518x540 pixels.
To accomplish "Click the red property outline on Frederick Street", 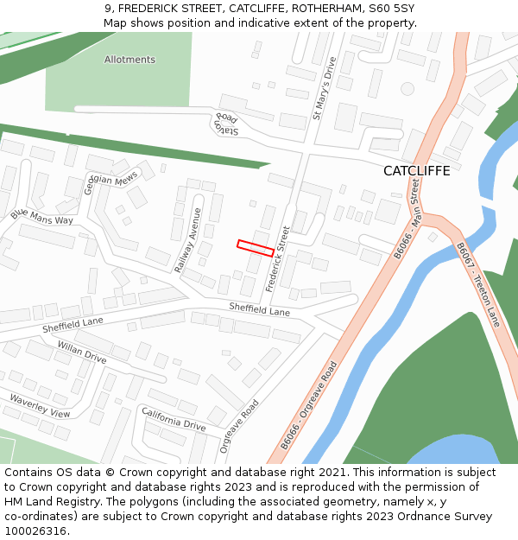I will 256,247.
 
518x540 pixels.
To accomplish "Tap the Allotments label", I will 129,60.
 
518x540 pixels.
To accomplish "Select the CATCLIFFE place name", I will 417,171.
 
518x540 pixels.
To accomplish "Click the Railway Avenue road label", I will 188,241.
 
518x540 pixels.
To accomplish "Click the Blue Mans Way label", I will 42,217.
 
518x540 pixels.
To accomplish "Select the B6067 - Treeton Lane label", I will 477,285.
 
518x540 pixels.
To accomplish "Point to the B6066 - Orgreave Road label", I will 307,405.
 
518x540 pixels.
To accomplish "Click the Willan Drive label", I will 82,352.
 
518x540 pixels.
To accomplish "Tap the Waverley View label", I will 40,406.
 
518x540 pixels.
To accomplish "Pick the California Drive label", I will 174,420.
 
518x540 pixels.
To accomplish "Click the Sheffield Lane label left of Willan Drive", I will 73,326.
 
